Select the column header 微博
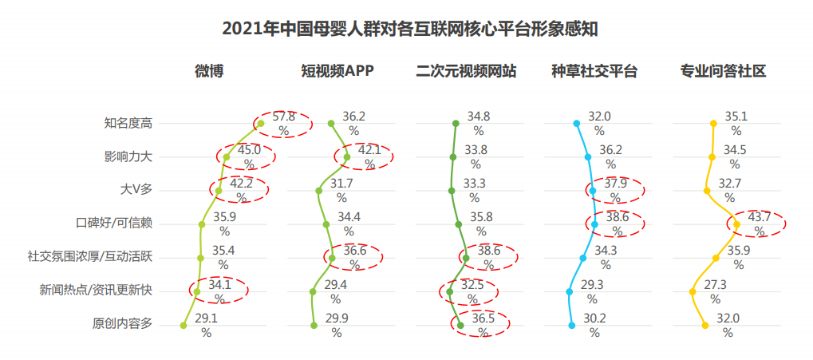(x=209, y=71)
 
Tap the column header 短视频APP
(x=337, y=71)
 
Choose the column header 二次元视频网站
(x=466, y=71)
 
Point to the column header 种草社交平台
(x=594, y=71)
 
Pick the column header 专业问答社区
(x=723, y=71)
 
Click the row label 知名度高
(x=128, y=123)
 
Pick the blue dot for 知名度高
(x=576, y=124)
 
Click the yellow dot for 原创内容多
(x=705, y=325)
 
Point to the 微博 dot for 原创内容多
(x=184, y=325)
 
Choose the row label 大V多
(x=135, y=190)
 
